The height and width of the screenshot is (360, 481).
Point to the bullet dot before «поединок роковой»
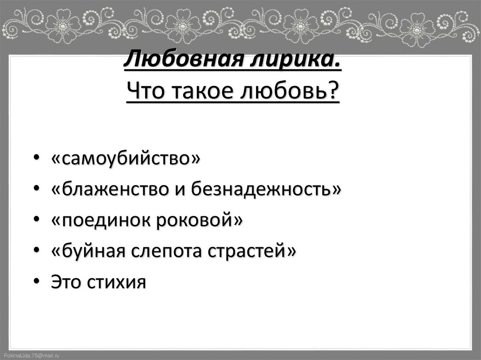pyautogui.click(x=37, y=220)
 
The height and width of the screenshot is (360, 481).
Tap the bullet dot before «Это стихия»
pyautogui.click(x=37, y=282)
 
